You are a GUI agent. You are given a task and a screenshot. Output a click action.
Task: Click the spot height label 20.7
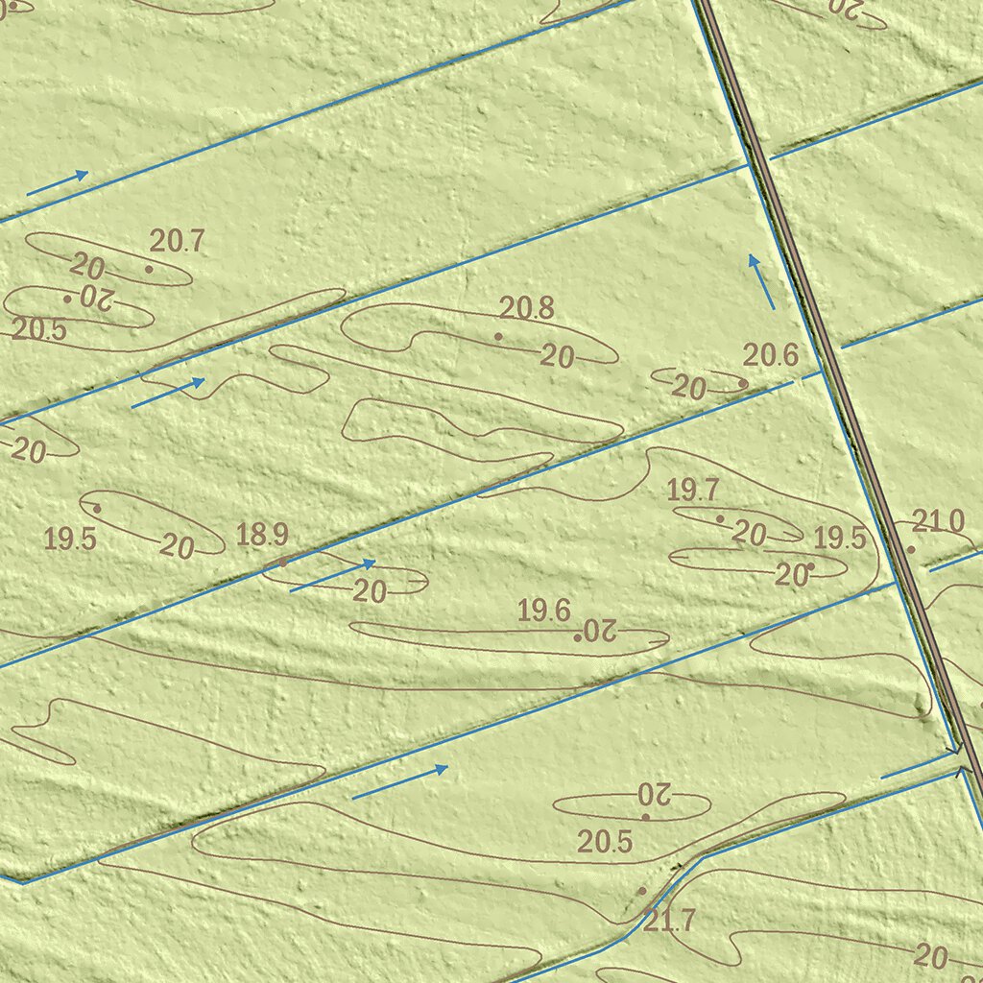(x=177, y=241)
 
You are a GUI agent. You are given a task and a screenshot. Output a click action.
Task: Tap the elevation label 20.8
(x=527, y=308)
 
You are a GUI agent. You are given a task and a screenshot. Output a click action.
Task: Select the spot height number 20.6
(x=771, y=355)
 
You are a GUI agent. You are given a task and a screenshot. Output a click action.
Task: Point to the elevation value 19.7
(x=693, y=491)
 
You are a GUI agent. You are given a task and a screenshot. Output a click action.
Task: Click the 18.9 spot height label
(x=262, y=535)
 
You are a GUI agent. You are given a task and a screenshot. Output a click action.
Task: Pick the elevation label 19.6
(x=544, y=611)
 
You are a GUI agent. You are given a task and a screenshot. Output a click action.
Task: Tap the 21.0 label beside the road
(x=938, y=522)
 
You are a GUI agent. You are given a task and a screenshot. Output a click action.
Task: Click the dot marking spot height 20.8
(x=498, y=336)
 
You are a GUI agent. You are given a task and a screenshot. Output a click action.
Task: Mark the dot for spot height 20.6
(x=743, y=383)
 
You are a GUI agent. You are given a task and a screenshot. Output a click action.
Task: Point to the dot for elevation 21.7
(x=642, y=891)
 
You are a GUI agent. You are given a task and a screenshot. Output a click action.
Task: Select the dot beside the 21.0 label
(x=911, y=549)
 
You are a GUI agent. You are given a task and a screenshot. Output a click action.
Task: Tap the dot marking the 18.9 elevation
(x=283, y=562)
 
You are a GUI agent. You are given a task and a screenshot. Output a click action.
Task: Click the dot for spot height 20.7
(x=149, y=269)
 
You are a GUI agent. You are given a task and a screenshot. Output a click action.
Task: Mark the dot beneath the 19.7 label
(x=720, y=518)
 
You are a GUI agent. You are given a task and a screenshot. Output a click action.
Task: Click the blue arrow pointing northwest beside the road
(x=762, y=281)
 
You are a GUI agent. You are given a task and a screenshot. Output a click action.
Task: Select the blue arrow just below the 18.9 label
(x=332, y=576)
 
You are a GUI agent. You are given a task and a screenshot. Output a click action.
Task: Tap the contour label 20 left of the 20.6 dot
(x=688, y=388)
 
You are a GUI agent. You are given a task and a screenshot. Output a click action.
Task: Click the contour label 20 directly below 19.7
(x=749, y=534)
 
